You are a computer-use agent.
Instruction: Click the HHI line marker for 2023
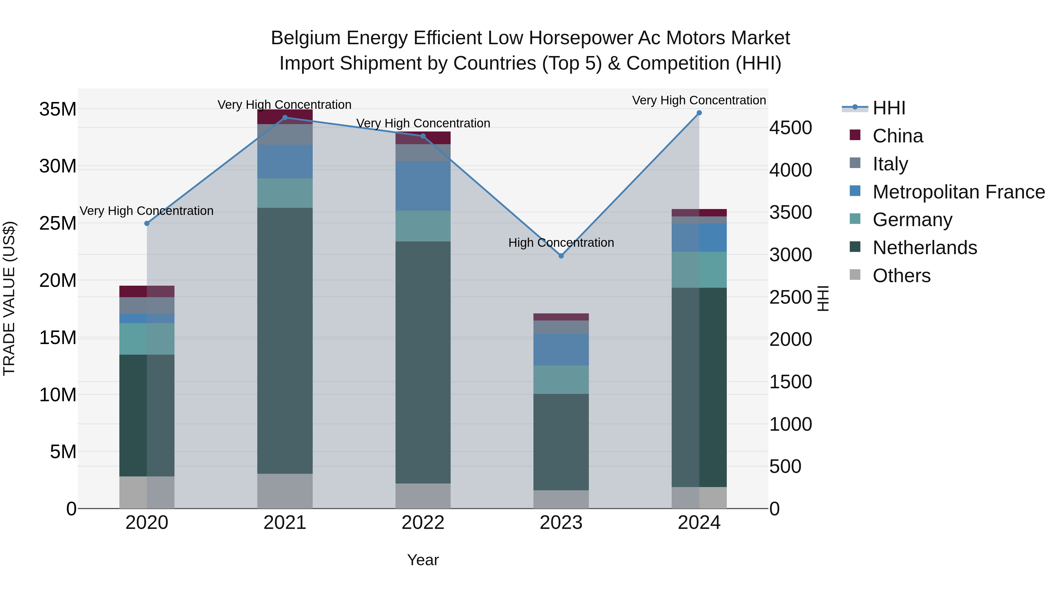(x=561, y=256)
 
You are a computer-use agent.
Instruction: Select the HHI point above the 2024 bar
(x=699, y=113)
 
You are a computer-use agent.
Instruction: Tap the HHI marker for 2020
(x=147, y=223)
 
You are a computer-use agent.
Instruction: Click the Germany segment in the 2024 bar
(x=699, y=269)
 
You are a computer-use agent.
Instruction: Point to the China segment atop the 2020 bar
(x=147, y=291)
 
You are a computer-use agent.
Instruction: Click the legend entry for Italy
(x=890, y=164)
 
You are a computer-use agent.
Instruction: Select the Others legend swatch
(x=855, y=275)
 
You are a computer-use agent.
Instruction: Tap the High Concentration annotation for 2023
(x=561, y=243)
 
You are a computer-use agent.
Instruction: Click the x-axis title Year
(x=423, y=560)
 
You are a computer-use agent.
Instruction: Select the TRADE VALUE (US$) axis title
(x=9, y=298)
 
